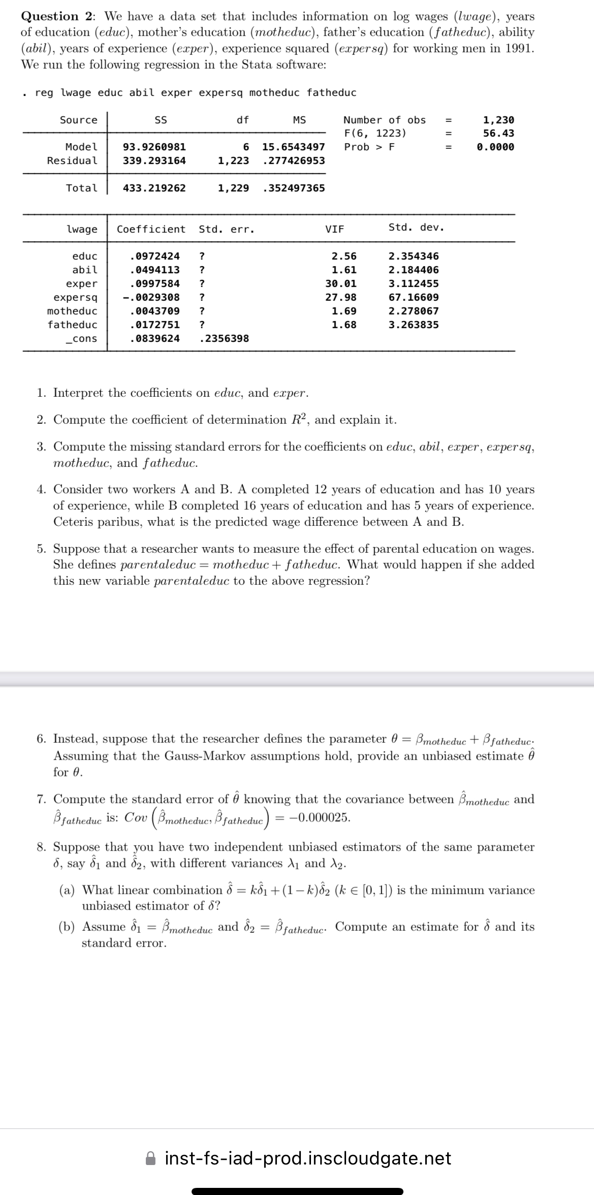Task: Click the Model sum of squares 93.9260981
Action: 154,147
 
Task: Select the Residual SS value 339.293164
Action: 154,161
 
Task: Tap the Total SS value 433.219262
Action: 154,188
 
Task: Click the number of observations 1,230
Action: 498,120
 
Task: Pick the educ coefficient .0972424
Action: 154,257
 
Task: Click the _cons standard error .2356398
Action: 224,338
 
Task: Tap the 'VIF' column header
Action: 334,229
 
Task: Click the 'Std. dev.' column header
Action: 416,227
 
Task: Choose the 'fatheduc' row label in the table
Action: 72,325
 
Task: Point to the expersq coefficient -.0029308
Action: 151,297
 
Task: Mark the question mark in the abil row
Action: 202,270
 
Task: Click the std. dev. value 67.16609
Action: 413,297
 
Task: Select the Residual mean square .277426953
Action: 294,161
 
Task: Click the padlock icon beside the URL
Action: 151,1158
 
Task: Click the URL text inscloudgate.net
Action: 308,1158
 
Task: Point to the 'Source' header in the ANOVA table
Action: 78,120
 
